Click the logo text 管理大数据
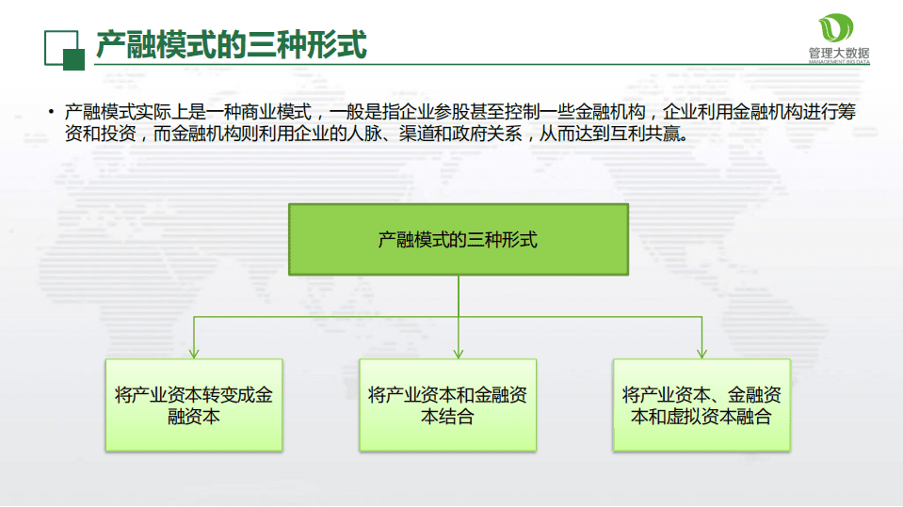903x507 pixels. (838, 53)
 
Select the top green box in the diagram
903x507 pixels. (458, 240)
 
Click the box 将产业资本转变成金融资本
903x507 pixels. (193, 404)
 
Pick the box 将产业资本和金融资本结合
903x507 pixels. (447, 404)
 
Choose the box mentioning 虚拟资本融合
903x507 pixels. (701, 404)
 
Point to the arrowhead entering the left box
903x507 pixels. (194, 353)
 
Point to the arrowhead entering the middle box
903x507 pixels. (458, 353)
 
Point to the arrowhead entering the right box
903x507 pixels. (701, 353)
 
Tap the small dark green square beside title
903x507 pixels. (73, 59)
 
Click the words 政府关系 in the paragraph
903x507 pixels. (494, 135)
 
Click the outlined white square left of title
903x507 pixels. (59, 45)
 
